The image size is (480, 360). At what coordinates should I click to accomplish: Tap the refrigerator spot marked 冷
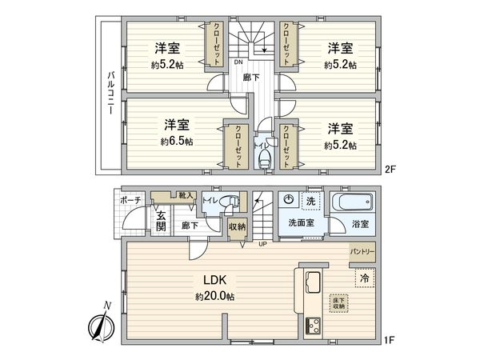click(x=363, y=278)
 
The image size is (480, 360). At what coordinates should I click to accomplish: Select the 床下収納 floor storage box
click(x=338, y=302)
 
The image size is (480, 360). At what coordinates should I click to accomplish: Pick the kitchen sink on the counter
click(x=311, y=282)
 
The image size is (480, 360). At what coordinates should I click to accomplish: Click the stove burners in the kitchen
click(x=311, y=326)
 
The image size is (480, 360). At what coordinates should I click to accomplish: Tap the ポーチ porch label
click(x=131, y=200)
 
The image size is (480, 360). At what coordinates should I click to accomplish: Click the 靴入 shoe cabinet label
click(x=186, y=195)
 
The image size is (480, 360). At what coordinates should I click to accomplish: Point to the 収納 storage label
click(x=237, y=226)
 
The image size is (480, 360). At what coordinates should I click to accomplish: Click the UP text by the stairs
click(x=261, y=244)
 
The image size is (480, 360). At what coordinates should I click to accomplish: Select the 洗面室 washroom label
click(x=302, y=222)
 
